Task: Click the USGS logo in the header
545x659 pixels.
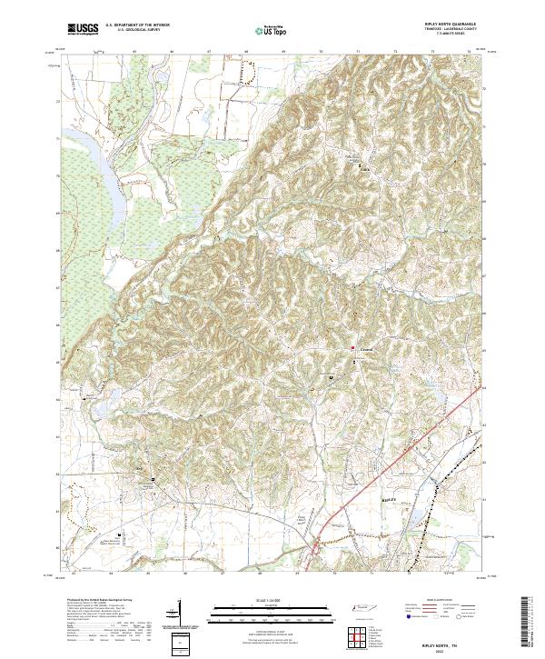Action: point(84,30)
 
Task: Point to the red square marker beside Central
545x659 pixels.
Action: point(353,347)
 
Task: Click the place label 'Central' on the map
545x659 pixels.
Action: point(366,348)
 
